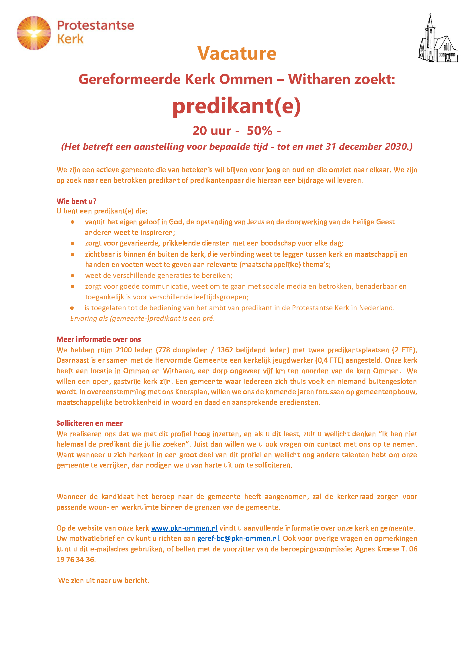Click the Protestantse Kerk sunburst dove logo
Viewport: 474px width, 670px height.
pos(34,33)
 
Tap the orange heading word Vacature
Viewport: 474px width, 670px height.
pos(237,53)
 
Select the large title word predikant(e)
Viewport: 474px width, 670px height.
pos(237,106)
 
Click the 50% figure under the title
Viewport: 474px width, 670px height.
pos(259,131)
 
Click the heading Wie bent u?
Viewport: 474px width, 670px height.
pos(77,201)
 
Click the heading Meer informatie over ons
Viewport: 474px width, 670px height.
pos(99,339)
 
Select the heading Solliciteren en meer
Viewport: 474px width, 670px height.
pos(89,423)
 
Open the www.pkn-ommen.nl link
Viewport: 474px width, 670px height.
pos(184,528)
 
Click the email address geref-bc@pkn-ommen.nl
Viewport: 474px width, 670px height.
pos(238,539)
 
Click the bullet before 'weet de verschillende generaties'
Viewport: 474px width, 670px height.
pos(73,276)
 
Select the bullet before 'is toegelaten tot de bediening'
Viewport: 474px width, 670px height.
pos(72,308)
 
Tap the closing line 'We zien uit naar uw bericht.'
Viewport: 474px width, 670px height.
pos(104,580)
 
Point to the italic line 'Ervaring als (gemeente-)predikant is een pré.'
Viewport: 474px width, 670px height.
pos(142,318)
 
